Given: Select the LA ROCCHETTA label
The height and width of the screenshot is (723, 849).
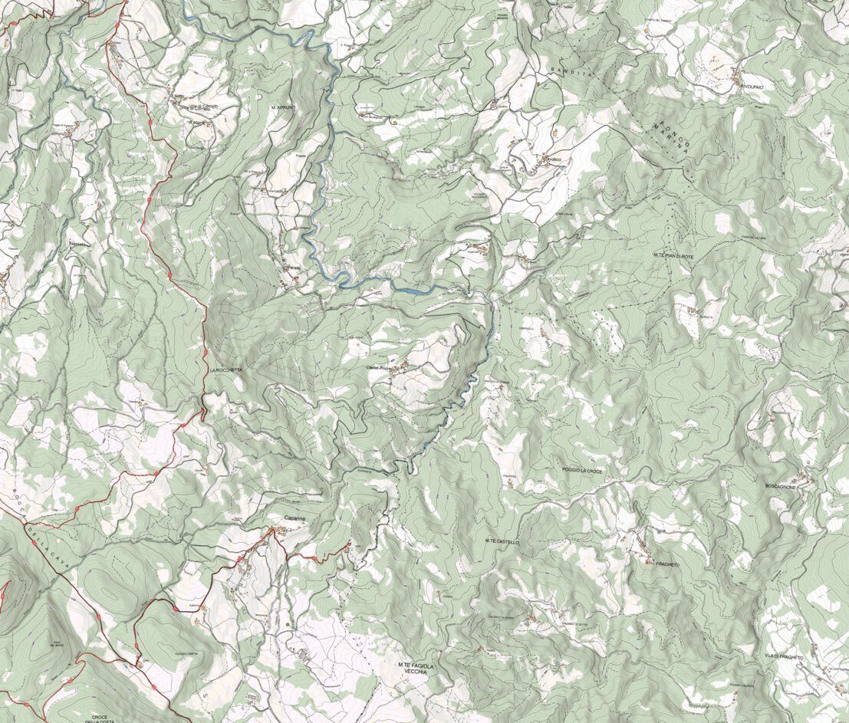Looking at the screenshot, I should click(x=226, y=370).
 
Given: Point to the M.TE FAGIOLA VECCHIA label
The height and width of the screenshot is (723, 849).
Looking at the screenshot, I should click(x=415, y=669).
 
